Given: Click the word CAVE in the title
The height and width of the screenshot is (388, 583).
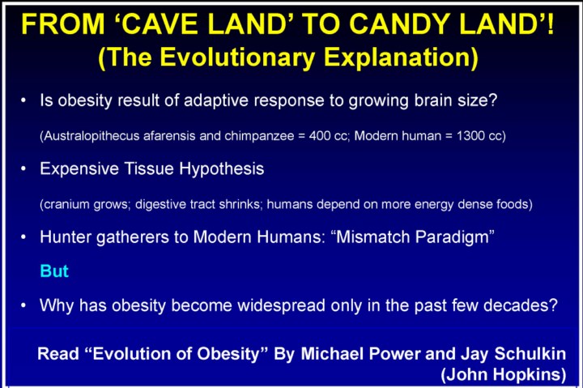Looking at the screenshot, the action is [160, 23].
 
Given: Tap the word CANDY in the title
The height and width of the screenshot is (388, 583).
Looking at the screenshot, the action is [399, 23].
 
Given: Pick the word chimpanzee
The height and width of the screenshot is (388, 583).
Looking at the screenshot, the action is [259, 136].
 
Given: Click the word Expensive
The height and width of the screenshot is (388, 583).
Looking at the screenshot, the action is [79, 169].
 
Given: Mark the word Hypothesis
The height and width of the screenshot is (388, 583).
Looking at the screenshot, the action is [222, 169].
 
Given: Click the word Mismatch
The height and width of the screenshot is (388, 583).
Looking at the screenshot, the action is [372, 237].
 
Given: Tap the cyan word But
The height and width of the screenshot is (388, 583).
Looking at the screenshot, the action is [54, 271].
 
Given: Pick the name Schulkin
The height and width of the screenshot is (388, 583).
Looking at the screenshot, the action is [530, 354].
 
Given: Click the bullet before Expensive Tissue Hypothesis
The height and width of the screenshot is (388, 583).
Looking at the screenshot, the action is [23, 169].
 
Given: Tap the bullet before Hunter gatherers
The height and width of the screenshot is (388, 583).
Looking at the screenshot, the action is [23, 237].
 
